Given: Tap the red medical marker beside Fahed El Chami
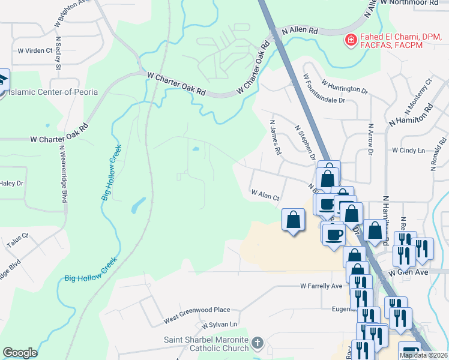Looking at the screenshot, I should (x=349, y=40).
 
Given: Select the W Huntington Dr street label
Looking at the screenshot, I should (x=345, y=86).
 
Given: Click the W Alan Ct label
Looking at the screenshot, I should (x=265, y=194).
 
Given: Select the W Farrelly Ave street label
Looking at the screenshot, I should (x=321, y=286).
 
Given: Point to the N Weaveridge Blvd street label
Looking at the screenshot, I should (x=63, y=175).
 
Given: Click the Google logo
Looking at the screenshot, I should (x=20, y=353).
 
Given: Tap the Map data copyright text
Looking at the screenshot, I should (x=423, y=355).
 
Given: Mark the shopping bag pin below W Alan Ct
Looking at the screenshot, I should (x=293, y=220).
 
